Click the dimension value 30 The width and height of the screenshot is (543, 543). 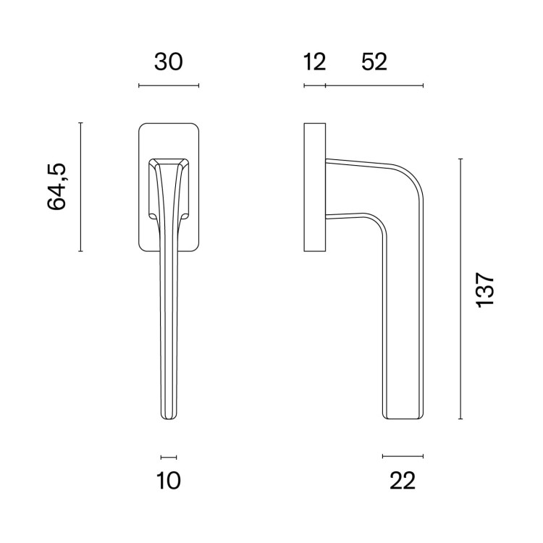pyautogui.click(x=168, y=62)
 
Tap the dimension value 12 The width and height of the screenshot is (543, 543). pyautogui.click(x=314, y=62)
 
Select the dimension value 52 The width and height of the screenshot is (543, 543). pyautogui.click(x=374, y=62)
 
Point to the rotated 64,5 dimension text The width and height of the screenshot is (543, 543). pyautogui.click(x=56, y=186)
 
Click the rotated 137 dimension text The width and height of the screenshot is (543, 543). pyautogui.click(x=485, y=290)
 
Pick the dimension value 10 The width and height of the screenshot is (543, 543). pyautogui.click(x=169, y=481)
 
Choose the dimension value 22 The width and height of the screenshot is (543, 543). pyautogui.click(x=403, y=481)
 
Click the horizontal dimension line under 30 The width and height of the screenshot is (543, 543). pyautogui.click(x=169, y=85)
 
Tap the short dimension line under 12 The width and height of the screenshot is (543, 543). pyautogui.click(x=315, y=85)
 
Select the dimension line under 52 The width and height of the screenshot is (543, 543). pyautogui.click(x=374, y=85)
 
